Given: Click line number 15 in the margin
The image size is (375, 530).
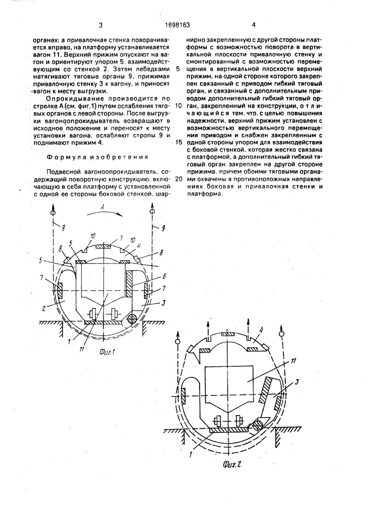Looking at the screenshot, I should pyautogui.click(x=178, y=143).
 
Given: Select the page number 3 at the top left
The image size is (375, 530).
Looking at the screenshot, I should pyautogui.click(x=99, y=24).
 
